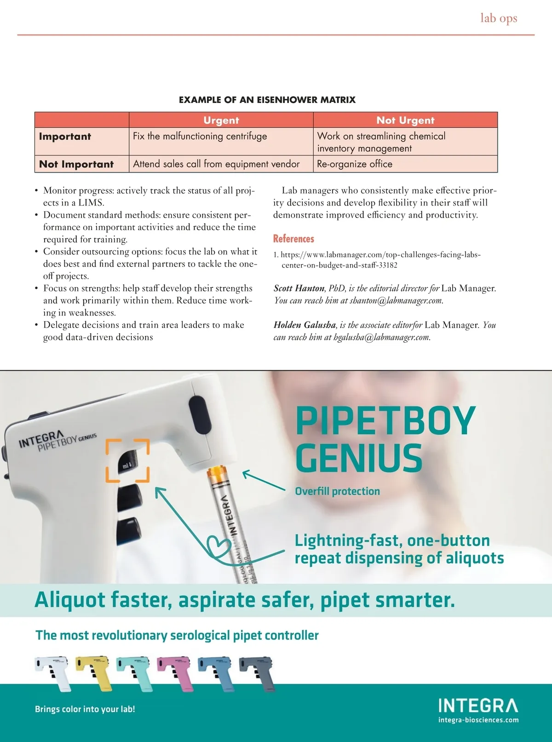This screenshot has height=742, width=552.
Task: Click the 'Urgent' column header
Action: (x=221, y=120)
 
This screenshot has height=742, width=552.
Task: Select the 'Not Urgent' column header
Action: (x=405, y=120)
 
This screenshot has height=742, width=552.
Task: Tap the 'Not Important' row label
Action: (x=76, y=164)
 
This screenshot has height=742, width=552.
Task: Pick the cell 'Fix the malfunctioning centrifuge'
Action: (x=200, y=136)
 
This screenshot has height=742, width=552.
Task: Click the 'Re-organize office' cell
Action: (x=355, y=164)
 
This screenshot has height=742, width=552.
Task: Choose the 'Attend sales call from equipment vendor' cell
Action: (x=216, y=164)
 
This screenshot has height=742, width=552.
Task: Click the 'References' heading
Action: (x=293, y=239)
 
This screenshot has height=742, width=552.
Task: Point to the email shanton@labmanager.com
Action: (x=396, y=301)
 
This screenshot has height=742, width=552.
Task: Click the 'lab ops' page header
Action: (x=499, y=18)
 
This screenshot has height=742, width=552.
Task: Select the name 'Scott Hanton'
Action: (x=299, y=288)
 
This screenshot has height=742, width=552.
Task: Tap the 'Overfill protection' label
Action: (x=337, y=491)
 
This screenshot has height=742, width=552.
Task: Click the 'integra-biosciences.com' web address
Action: (x=478, y=720)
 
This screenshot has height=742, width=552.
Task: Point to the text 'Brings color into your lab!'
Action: (x=85, y=709)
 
